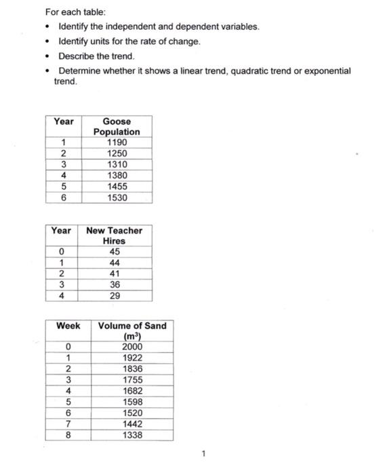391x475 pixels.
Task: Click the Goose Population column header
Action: tap(117, 126)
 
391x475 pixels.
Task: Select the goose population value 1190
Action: tap(117, 142)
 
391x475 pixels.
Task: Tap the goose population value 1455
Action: tap(117, 187)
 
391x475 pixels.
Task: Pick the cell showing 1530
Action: tap(117, 197)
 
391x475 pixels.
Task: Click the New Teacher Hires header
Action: tap(114, 235)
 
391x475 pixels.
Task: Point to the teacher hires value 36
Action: tap(115, 286)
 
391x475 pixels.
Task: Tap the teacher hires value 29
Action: tap(115, 297)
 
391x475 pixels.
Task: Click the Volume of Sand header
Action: tap(132, 330)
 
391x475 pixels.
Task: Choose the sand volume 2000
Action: tap(132, 347)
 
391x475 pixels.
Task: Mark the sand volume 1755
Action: tap(132, 380)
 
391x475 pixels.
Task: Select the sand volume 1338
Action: tap(132, 435)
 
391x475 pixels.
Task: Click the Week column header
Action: tap(68, 326)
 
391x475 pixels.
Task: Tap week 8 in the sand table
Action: tap(68, 435)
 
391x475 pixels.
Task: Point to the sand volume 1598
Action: tap(132, 402)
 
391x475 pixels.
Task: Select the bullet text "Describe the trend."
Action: tap(97, 56)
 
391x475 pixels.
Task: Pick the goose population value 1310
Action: tap(117, 164)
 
